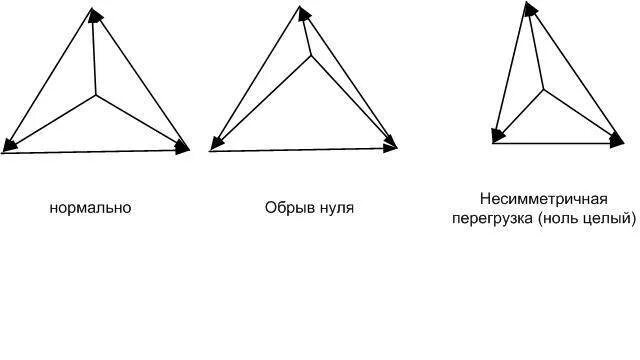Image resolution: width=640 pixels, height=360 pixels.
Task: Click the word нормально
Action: [90, 208]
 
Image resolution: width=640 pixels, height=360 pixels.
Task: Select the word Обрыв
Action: [287, 208]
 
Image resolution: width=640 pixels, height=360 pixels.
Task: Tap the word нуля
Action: [336, 208]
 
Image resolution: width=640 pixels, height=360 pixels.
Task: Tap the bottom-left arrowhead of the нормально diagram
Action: [10, 146]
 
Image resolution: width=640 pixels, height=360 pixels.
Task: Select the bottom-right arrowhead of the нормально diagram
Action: [181, 147]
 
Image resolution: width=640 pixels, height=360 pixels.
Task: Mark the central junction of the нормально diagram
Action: [96, 96]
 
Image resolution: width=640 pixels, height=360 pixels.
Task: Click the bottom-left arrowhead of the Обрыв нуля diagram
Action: [216, 144]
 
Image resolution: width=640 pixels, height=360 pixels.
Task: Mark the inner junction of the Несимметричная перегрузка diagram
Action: [545, 89]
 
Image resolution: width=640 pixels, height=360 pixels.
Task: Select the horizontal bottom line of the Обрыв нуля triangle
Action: [300, 150]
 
